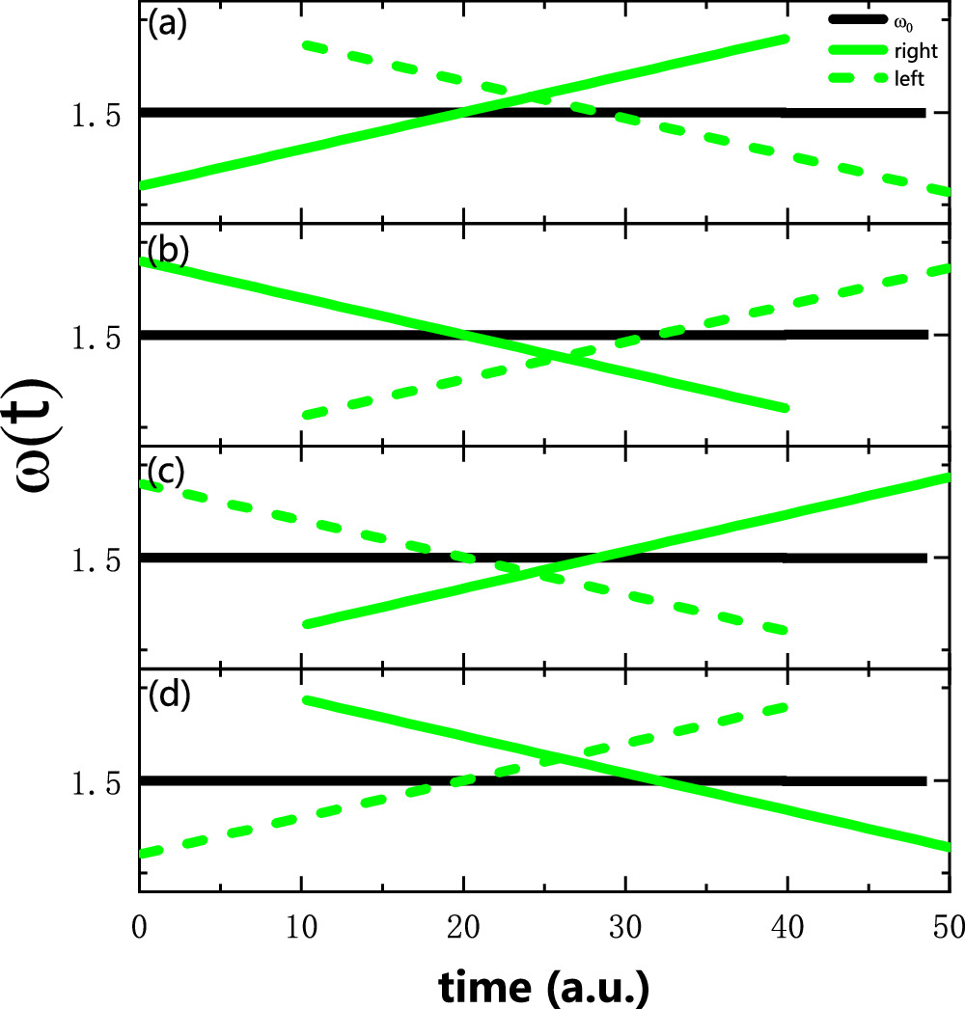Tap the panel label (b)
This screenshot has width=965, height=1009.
point(166,250)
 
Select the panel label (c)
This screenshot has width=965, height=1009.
point(166,470)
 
